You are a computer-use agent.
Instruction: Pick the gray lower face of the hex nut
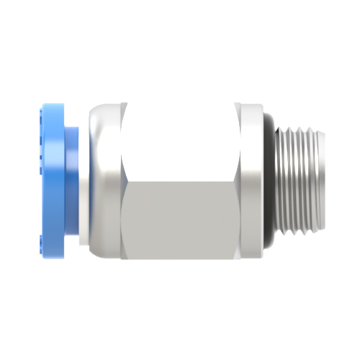[x=180, y=216]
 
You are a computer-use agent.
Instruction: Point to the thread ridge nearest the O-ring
[x=282, y=180]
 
